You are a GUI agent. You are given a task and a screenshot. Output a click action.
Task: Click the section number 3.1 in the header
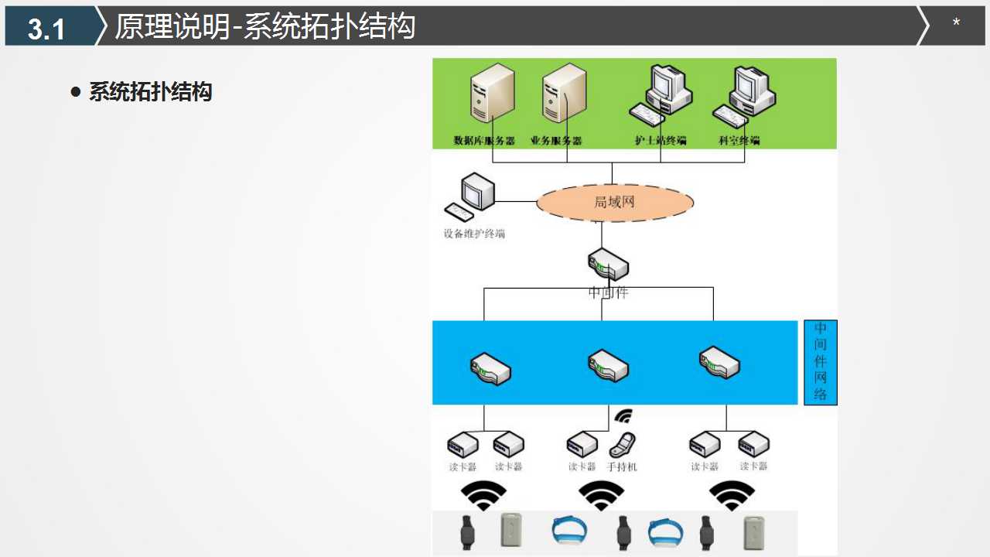46,29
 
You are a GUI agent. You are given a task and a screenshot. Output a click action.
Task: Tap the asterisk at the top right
956,23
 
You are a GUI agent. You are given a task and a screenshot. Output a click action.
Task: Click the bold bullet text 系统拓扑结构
150,92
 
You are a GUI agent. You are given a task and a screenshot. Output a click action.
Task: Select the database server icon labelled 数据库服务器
492,94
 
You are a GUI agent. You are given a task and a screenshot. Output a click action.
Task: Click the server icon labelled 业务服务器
565,94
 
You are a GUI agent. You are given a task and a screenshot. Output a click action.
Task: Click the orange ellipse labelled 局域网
615,203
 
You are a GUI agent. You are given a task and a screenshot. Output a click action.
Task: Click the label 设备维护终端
474,234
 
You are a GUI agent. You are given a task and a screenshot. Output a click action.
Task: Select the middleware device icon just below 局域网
608,265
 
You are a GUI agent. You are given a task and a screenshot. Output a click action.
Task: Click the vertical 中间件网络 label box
821,362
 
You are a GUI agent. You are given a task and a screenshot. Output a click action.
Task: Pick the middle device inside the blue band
608,365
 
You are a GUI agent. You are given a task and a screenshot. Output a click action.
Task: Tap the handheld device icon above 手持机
623,445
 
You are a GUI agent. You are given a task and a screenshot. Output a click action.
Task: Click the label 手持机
623,467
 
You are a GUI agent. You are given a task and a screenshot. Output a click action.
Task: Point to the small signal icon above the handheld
623,416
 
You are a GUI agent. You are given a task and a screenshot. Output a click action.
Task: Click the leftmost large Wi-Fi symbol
483,496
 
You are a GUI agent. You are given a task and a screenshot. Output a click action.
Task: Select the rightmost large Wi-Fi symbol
732,496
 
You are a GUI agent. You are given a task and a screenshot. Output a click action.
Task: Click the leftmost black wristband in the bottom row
466,531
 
